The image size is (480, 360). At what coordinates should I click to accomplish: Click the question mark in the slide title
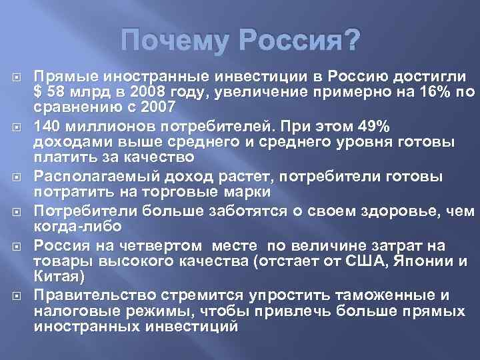[x=351, y=43]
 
